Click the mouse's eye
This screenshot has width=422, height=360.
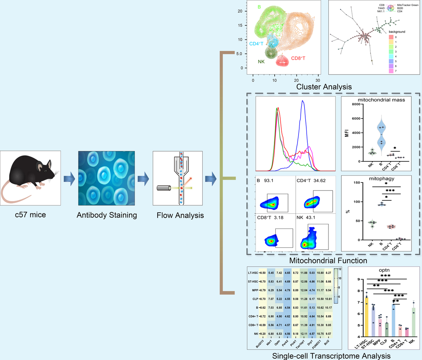point(46,170)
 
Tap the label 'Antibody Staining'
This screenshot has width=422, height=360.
point(107,215)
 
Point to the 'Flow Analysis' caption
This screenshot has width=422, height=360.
point(180,215)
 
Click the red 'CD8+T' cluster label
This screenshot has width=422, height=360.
point(298,58)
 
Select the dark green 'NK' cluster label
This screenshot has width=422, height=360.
point(261,62)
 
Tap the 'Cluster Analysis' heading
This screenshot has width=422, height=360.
point(324,86)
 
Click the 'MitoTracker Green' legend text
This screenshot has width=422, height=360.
point(408,5)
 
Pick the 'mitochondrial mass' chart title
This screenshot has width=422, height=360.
point(381,100)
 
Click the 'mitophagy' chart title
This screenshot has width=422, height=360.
point(382,179)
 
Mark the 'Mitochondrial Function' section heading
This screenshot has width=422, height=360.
point(328,261)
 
